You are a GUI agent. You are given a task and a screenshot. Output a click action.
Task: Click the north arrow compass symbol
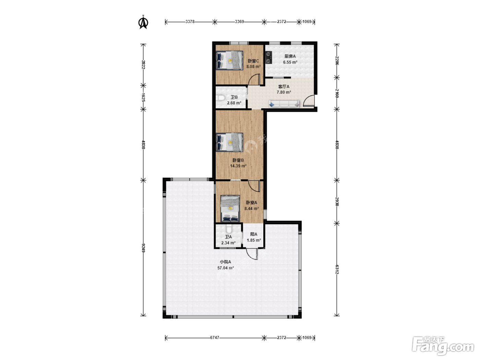coord(143,22)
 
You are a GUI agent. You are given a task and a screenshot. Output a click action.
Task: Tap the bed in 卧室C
coord(229,60)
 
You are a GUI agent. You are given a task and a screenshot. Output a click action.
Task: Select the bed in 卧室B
coord(229,142)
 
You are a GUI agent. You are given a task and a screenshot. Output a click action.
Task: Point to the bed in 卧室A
coord(230,208)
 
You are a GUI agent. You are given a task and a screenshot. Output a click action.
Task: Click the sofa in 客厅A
coord(284,104)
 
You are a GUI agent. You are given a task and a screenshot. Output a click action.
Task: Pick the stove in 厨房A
coord(268,58)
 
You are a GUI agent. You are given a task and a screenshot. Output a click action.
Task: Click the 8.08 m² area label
coord(253,67)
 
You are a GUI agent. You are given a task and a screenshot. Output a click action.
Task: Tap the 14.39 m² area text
coord(238,166)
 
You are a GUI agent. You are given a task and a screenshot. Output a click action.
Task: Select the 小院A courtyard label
coord(226,262)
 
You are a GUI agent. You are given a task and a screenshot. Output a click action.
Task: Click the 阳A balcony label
coord(254,234)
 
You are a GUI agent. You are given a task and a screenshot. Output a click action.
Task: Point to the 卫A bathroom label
coord(228,237)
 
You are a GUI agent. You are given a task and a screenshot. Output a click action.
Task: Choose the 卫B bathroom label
coord(234,97)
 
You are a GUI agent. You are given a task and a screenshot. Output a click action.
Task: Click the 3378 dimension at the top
coord(190,22)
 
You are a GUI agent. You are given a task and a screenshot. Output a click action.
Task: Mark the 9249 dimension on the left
coord(143,248)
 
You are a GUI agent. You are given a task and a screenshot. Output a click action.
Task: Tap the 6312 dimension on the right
coord(337,269)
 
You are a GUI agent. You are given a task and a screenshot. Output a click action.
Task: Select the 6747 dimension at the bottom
coord(215,338)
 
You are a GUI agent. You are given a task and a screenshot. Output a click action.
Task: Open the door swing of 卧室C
coord(254,80)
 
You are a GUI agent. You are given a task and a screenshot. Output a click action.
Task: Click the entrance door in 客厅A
coord(309,101)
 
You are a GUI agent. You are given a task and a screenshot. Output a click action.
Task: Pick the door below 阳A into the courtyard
coord(252,254)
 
